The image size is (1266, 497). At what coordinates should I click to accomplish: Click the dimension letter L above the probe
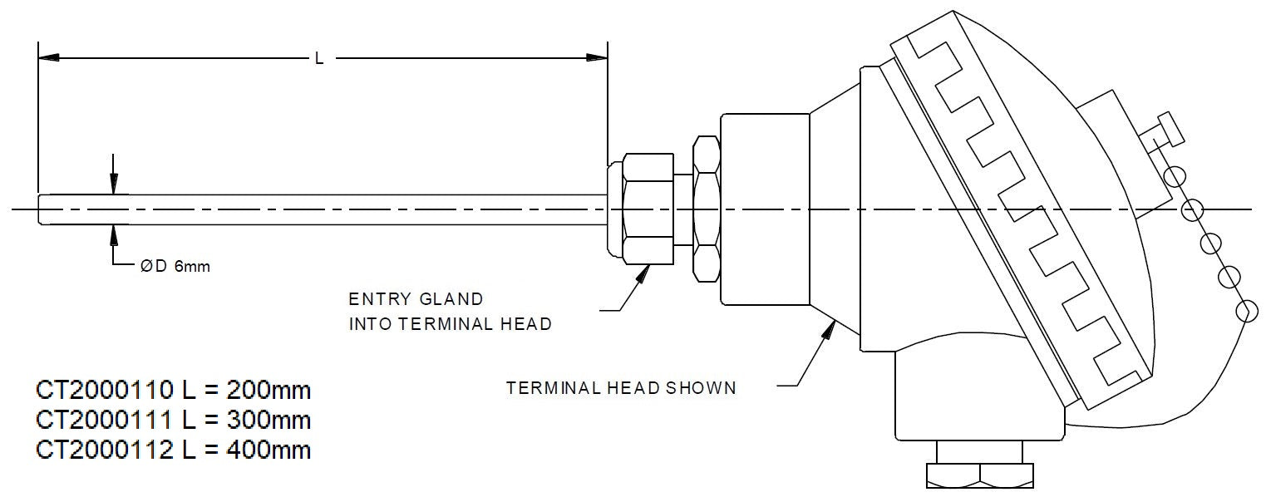pos(319,58)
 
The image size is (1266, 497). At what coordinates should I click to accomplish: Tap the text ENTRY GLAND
pos(416,298)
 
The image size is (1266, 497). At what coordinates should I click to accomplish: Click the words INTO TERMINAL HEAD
pos(450,323)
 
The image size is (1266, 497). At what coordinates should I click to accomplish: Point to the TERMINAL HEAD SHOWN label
pos(621,387)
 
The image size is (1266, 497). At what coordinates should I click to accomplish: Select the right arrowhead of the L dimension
pos(597,57)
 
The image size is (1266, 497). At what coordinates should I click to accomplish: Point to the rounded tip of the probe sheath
pos(42,208)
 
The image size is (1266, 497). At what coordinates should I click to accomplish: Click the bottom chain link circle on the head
pos(1247,312)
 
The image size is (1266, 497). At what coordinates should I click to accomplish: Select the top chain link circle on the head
pos(1174,176)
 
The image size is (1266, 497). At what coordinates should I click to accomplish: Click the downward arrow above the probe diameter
pos(114,185)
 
